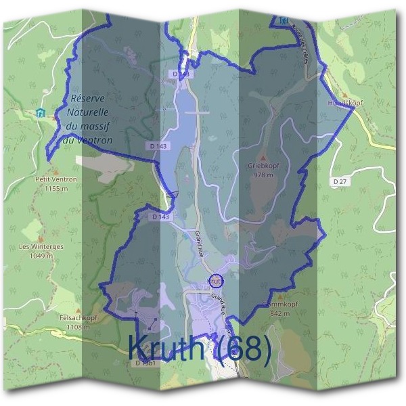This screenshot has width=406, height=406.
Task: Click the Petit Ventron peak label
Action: [56, 179]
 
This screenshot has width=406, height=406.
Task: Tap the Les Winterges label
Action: [41, 247]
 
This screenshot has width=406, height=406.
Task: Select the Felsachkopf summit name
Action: [65, 317]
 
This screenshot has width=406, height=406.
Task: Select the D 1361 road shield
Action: [146, 363]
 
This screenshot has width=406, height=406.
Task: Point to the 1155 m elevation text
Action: [56, 189]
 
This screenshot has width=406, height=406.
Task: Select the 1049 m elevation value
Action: [41, 256]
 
